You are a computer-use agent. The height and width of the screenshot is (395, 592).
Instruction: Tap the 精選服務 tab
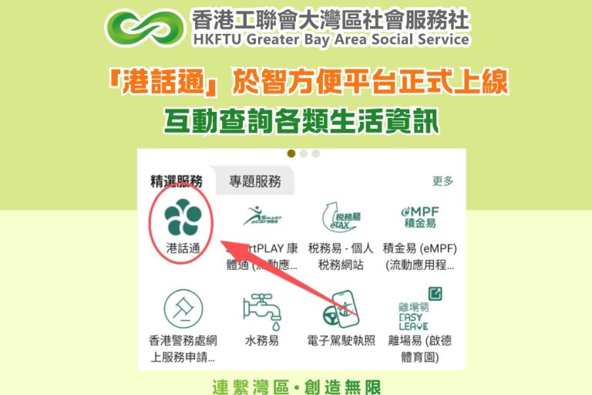tap(177, 182)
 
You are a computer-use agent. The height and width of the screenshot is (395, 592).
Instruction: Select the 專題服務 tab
tap(255, 182)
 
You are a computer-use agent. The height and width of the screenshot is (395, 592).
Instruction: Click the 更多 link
tap(442, 182)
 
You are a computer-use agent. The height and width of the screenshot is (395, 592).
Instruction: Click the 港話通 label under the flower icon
tap(183, 248)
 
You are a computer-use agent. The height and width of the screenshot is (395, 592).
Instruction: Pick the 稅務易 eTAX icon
tap(340, 217)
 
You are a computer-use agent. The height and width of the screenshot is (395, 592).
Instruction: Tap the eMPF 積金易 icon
tap(419, 217)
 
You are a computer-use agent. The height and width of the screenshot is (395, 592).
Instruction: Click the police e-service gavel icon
tap(183, 309)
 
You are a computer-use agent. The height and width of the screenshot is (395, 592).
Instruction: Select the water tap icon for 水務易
tap(261, 309)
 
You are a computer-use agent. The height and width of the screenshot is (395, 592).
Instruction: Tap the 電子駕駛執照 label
tap(341, 340)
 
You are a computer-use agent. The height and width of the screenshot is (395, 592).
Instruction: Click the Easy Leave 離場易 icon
tap(420, 309)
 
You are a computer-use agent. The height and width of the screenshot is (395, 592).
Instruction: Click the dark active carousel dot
tap(291, 153)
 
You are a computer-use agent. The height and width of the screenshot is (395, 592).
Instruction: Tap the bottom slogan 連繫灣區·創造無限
tap(296, 386)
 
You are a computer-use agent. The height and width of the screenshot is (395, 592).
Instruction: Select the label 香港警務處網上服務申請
tap(183, 349)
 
